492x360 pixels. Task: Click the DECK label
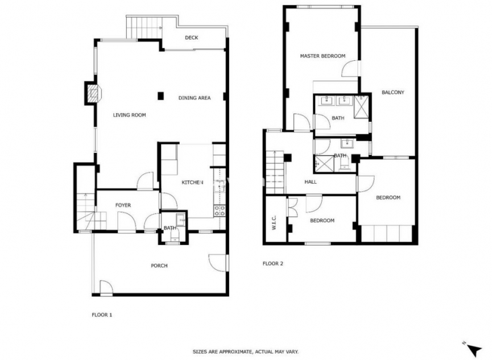point(191,38)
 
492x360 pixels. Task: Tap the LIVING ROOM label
point(129,115)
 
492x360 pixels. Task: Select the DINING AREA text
point(195,98)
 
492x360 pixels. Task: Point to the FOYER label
point(123,205)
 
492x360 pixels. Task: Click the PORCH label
point(159,266)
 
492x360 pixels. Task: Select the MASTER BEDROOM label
point(323,56)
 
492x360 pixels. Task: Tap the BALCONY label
point(392,92)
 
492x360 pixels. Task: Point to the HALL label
point(311,182)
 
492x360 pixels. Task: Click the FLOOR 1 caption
point(102,314)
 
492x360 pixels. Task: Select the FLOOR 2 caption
point(272,263)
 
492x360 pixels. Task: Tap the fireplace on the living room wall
point(92,93)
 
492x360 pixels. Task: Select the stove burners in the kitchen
point(220,210)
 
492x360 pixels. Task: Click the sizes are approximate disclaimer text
point(246,352)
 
